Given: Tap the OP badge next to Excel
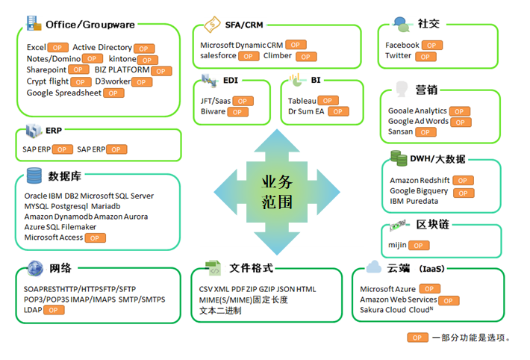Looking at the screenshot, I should pyautogui.click(x=58, y=48).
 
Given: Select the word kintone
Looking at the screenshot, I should pyautogui.click(x=122, y=58).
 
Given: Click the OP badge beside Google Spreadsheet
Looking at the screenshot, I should pyautogui.click(x=113, y=93).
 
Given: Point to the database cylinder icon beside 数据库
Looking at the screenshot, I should pyautogui.click(x=34, y=176).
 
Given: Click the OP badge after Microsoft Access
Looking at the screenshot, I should pyautogui.click(x=95, y=238).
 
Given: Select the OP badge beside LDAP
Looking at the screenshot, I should pyautogui.click(x=54, y=309).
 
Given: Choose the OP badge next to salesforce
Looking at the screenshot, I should pyautogui.click(x=249, y=56).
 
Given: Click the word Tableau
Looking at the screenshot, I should pyautogui.click(x=302, y=100).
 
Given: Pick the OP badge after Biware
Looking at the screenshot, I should pyautogui.click(x=237, y=112).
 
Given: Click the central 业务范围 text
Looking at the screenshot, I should pyautogui.click(x=276, y=192).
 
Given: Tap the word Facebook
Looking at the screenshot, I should pyautogui.click(x=402, y=45).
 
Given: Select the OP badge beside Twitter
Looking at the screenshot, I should pyautogui.click(x=426, y=56).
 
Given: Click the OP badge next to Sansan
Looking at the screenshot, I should pyautogui.click(x=425, y=132).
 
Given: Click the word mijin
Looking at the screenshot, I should pyautogui.click(x=396, y=244).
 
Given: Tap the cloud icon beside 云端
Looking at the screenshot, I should pyautogui.click(x=375, y=267).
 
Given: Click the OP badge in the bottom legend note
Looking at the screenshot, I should pyautogui.click(x=417, y=338).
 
